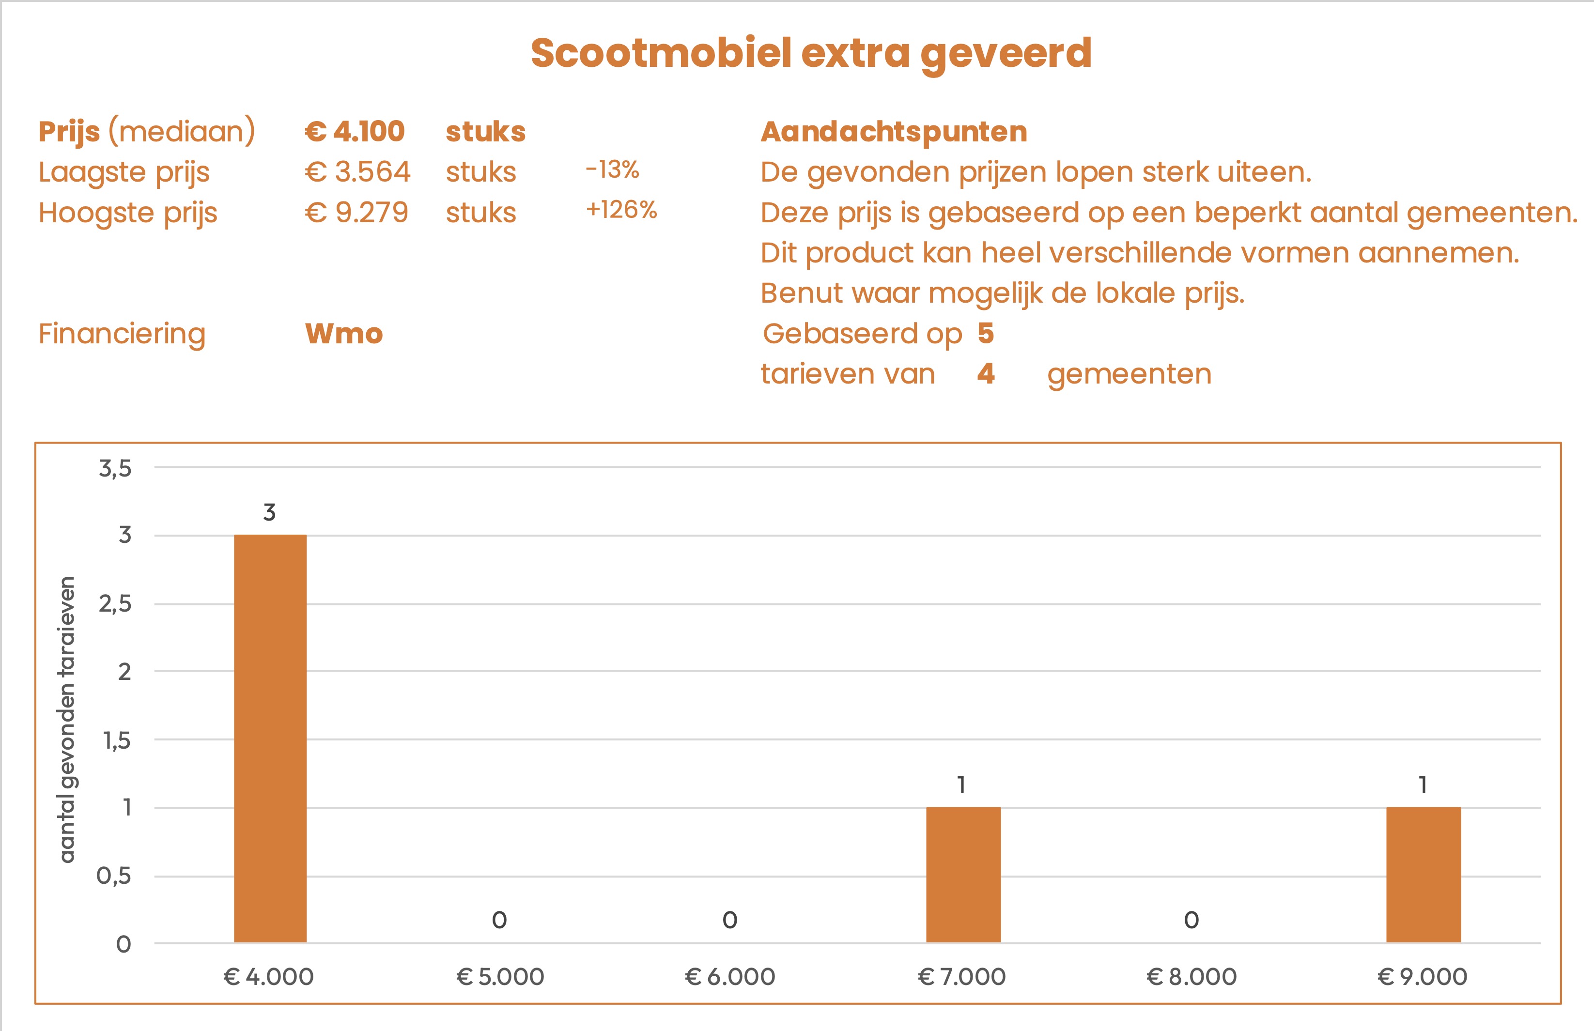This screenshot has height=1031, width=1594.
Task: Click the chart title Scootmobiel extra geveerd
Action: click(811, 54)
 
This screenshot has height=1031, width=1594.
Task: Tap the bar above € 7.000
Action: click(963, 875)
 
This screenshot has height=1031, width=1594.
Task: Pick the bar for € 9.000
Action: click(1424, 875)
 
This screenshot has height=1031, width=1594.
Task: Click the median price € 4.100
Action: click(355, 131)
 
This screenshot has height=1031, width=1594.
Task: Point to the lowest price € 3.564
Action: click(357, 172)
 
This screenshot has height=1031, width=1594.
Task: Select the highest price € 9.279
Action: click(356, 213)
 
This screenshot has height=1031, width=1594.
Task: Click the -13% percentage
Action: click(612, 170)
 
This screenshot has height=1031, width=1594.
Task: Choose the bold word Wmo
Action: click(343, 333)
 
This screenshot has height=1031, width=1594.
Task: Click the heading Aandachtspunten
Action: click(894, 132)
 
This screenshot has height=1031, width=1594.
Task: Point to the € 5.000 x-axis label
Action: click(500, 977)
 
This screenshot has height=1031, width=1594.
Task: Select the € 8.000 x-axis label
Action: click(1192, 977)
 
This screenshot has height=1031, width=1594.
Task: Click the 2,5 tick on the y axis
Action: click(115, 604)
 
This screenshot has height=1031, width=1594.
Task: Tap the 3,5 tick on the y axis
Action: click(115, 468)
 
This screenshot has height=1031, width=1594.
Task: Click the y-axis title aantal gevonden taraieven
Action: click(67, 720)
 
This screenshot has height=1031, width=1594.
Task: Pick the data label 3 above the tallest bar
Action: click(269, 513)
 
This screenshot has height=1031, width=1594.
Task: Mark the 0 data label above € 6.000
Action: click(730, 921)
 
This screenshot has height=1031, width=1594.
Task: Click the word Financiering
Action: click(122, 333)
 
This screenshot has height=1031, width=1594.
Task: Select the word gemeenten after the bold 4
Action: click(1130, 374)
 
